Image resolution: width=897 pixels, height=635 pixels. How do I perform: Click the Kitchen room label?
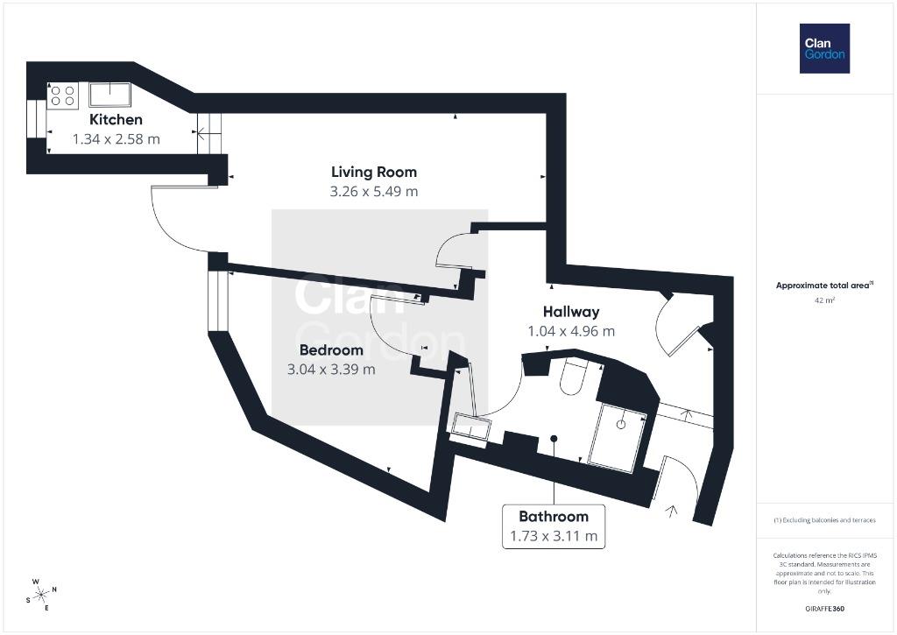116,119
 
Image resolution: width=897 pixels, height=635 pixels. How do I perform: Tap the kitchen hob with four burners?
62,95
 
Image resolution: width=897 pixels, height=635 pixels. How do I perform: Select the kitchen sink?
107,95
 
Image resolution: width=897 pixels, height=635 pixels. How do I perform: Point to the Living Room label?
373,172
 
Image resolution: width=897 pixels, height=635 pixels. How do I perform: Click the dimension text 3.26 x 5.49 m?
373,191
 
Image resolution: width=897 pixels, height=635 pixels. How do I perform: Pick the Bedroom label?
331,350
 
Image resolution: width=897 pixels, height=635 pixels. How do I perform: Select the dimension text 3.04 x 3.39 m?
331,370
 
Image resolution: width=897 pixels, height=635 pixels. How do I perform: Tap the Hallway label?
570,312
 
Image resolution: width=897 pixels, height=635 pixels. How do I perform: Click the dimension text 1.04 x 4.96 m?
570,331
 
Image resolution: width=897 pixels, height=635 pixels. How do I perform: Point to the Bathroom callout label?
554,516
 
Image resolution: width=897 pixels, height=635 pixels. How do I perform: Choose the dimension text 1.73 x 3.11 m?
554,535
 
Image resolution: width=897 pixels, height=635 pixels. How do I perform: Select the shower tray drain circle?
620,424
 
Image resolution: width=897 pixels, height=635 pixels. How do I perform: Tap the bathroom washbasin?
470,427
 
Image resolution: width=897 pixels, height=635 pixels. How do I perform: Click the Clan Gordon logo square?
824,48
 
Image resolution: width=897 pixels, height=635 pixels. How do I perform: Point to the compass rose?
40,593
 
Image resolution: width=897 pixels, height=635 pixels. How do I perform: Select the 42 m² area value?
824,300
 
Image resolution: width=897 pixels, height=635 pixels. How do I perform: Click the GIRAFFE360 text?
824,609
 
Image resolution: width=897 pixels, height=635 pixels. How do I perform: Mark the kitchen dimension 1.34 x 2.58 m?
116,138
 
